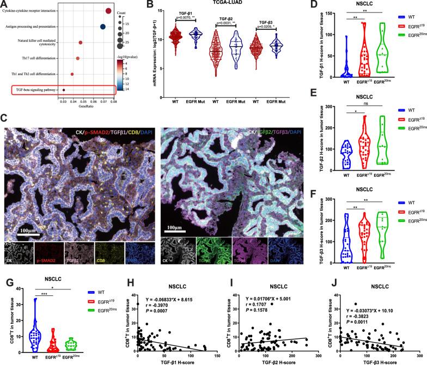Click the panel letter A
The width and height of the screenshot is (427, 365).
click(4, 4)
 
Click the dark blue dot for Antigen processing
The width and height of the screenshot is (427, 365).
click(103, 26)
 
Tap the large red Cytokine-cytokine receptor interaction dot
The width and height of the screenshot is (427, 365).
click(108, 10)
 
